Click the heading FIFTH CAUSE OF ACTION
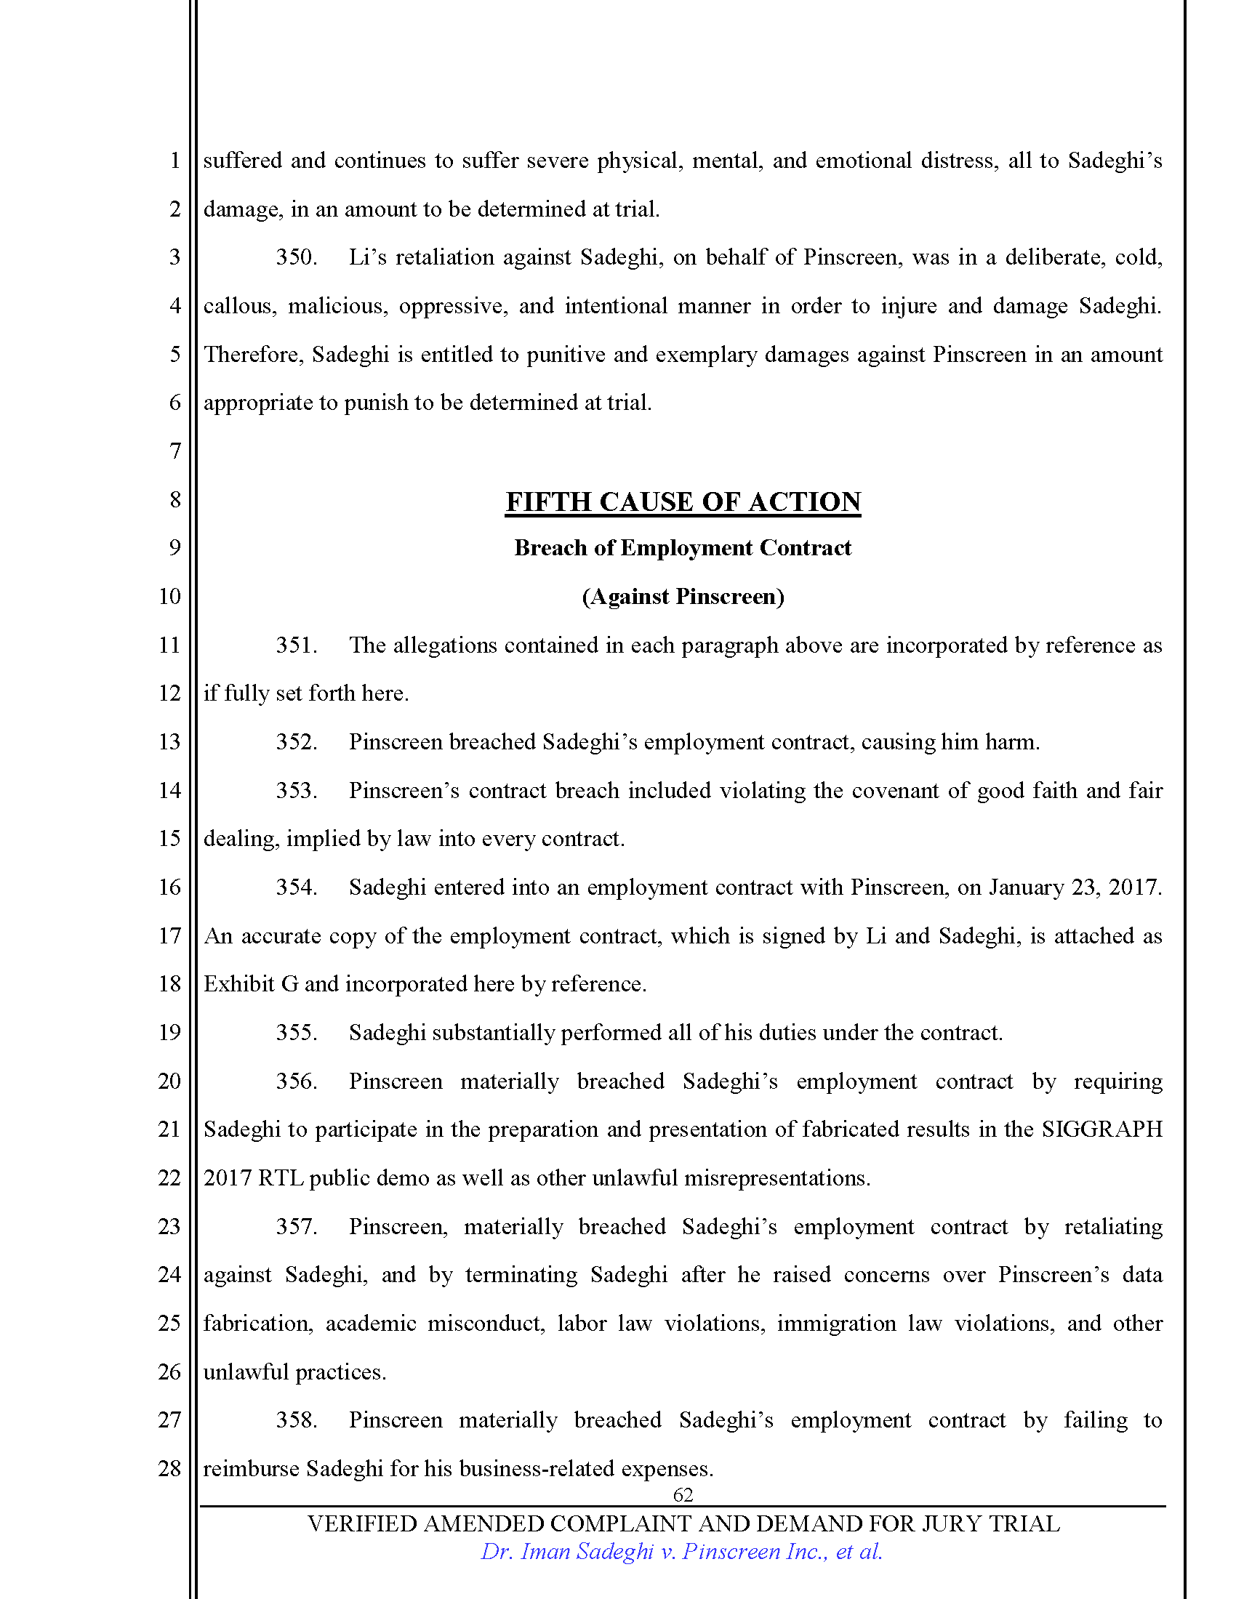tap(683, 502)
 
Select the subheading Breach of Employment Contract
tap(683, 547)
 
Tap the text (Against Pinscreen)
tap(683, 597)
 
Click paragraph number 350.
tap(296, 258)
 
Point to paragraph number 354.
tap(296, 887)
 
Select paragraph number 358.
tap(296, 1420)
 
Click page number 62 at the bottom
tap(683, 1494)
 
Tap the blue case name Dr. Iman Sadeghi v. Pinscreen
tap(681, 1552)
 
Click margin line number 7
tap(175, 451)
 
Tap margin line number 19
tap(170, 1032)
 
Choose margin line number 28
tap(170, 1468)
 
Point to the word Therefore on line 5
tap(252, 355)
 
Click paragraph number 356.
tap(296, 1082)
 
